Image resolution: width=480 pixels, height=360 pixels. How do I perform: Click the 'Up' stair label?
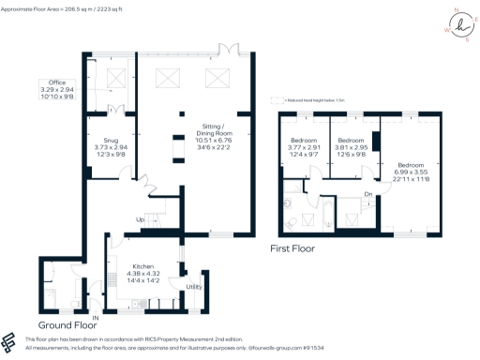[x=141, y=221]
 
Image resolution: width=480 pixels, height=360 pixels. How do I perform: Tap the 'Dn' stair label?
[x=370, y=195]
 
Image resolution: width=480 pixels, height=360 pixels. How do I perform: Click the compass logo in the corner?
[x=453, y=23]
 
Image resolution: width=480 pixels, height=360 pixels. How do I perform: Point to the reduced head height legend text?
[x=310, y=99]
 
